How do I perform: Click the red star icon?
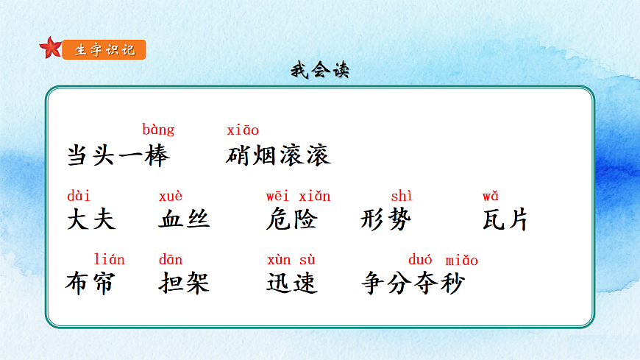point(51,49)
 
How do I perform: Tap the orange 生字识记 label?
point(104,50)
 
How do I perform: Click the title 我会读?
point(319,71)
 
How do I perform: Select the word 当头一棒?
point(118,155)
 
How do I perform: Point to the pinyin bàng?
point(158,130)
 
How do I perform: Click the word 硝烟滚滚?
point(279,155)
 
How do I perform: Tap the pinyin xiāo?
point(243,130)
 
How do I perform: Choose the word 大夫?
point(91,219)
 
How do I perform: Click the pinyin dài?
point(79,196)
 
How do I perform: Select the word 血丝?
point(184,219)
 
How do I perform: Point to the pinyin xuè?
point(171,196)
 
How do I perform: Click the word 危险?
point(291,219)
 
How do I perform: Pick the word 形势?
point(386,219)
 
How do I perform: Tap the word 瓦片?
point(505,219)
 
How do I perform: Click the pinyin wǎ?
point(491,196)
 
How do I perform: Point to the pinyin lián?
point(110,260)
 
